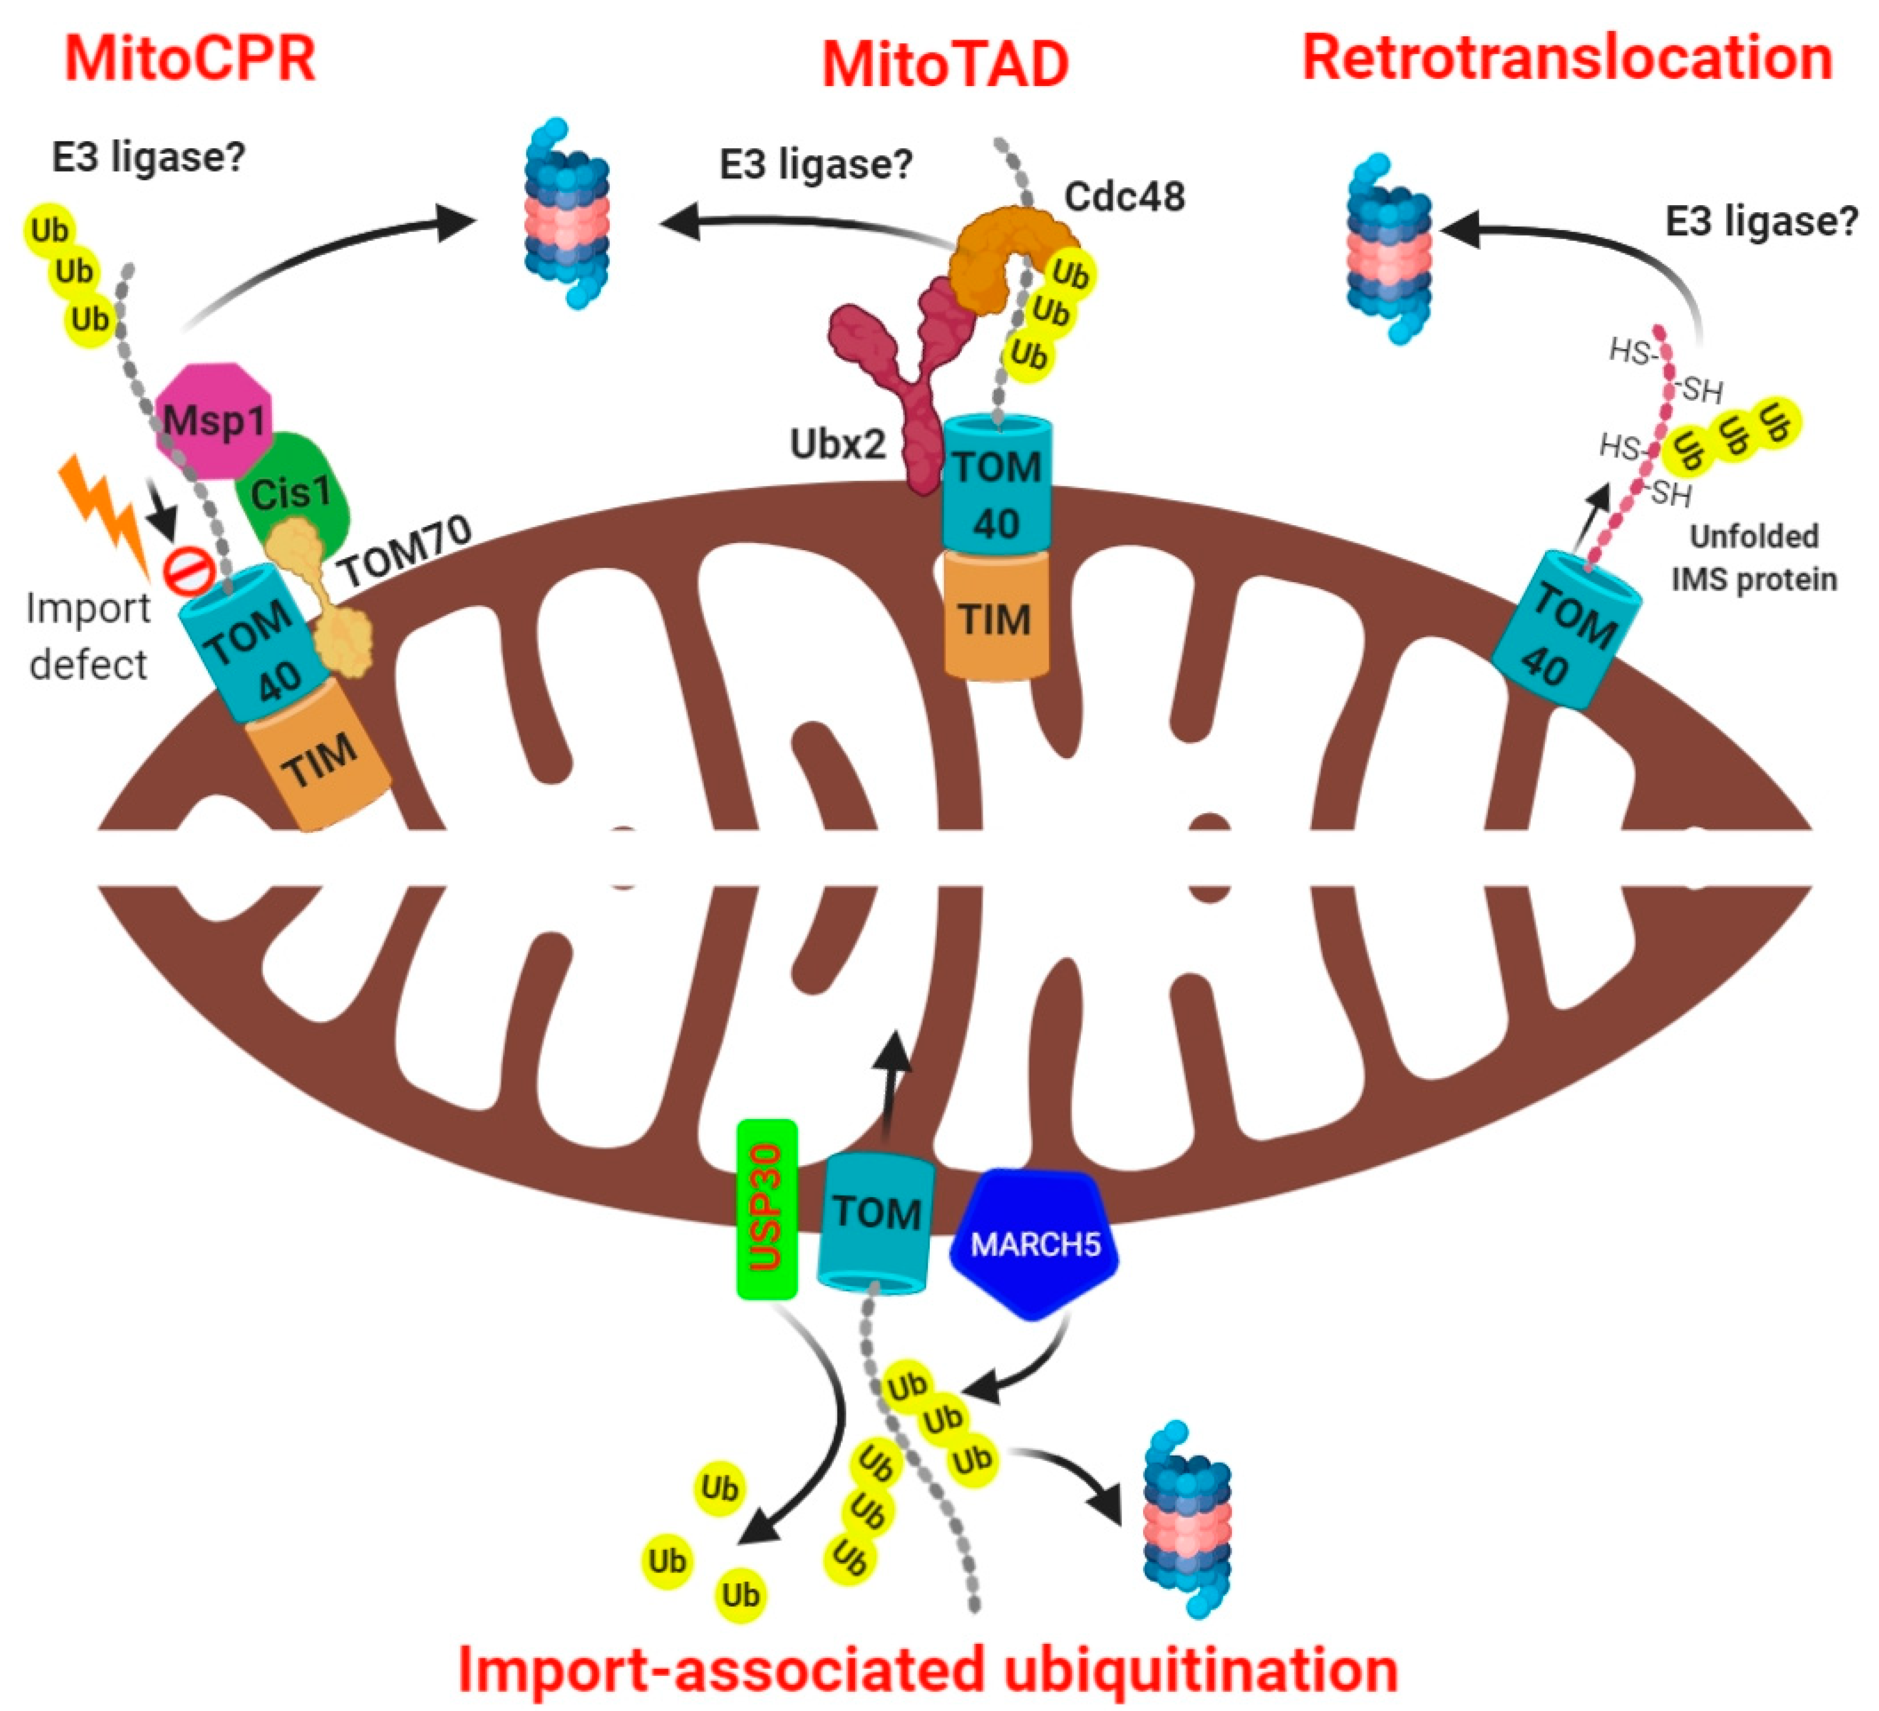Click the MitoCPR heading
coord(190,60)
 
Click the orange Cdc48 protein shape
coord(1002,252)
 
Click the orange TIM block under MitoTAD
coord(995,617)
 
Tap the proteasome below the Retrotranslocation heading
coord(1389,250)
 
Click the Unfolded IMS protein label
coord(1753,557)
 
